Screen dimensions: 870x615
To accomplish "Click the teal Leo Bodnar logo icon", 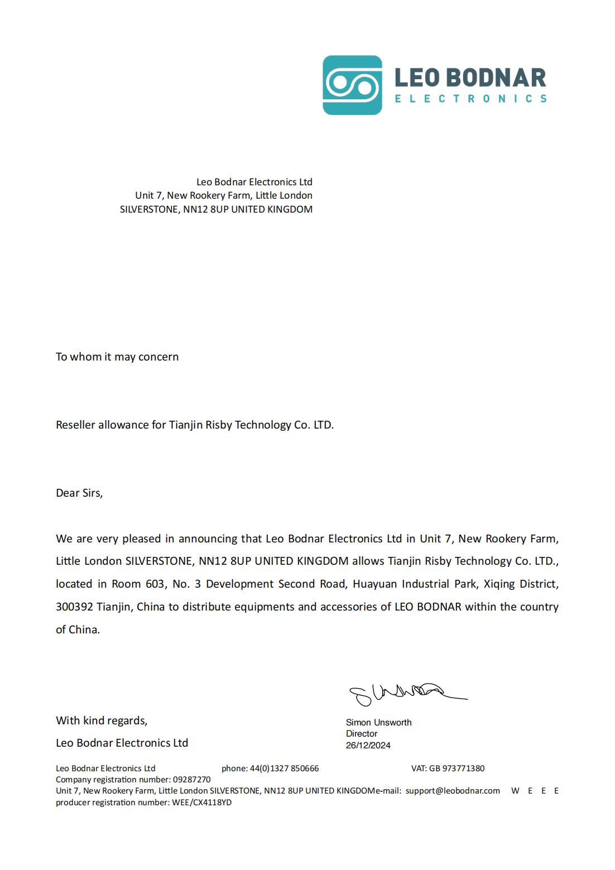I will point(352,85).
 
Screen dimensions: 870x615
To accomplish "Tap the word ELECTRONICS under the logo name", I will point(470,99).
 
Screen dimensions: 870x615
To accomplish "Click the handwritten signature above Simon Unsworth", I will point(406,694).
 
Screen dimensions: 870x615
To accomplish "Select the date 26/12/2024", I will point(368,745).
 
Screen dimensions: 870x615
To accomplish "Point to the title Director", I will point(362,733).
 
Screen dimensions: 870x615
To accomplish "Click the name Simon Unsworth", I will point(378,722).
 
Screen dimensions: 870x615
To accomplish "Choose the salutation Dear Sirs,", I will point(79,493).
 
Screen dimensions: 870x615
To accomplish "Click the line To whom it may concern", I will point(117,357).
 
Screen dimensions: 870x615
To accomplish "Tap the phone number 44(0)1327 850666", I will point(284,768).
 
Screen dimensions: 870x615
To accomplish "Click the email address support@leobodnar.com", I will point(453,790).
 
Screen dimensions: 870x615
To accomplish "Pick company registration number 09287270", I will point(192,779).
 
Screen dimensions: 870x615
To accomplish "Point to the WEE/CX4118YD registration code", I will point(201,802).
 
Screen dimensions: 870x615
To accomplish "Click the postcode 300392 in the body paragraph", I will point(74,607).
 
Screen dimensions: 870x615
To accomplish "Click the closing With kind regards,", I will point(102,720).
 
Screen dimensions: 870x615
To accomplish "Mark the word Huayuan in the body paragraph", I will point(375,584).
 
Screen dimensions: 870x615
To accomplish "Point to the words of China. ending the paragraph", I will point(78,629).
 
